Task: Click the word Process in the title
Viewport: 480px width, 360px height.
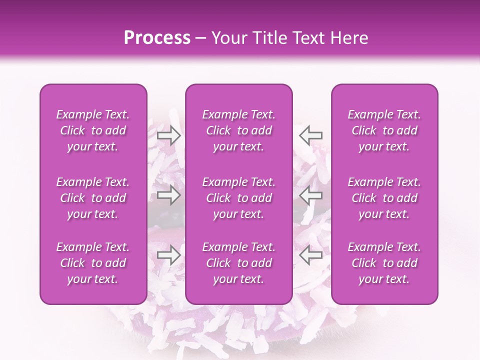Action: point(157,38)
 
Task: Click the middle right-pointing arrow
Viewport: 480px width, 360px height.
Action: point(168,195)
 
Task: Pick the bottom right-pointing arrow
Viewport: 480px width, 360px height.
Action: point(168,256)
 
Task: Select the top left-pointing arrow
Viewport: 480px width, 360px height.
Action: point(311,135)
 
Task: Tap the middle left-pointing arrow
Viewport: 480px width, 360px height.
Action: point(311,195)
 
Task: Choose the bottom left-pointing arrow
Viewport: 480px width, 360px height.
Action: point(311,256)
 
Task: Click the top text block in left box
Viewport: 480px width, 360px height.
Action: point(93,130)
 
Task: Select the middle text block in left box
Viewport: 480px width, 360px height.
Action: point(93,198)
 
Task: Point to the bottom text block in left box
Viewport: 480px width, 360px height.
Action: point(93,263)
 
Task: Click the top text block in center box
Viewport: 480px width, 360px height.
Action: point(239,130)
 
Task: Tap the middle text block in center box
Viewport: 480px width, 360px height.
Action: point(239,198)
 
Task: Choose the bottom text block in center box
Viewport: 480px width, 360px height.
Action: point(239,263)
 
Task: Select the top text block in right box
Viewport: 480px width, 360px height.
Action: point(384,130)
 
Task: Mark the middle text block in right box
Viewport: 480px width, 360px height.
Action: point(384,198)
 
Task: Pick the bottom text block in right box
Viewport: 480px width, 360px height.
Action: point(384,263)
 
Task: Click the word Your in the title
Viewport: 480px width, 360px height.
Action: point(228,38)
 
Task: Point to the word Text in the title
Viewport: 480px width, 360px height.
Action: point(305,38)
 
